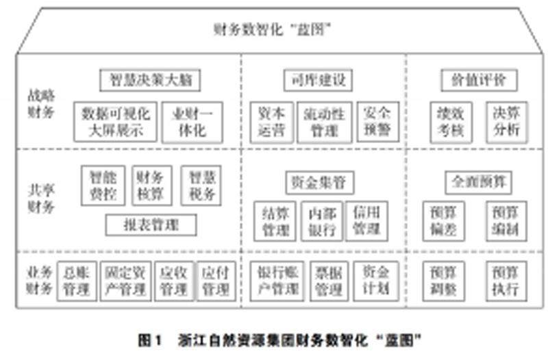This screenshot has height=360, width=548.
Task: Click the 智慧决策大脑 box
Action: (x=150, y=80)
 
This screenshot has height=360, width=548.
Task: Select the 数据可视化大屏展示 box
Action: (x=116, y=122)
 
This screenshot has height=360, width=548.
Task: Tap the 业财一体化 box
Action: (x=187, y=122)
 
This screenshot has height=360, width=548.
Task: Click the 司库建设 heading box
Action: (x=317, y=80)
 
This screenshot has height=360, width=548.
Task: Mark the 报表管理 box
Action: (x=151, y=224)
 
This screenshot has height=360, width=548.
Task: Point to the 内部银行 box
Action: (x=322, y=221)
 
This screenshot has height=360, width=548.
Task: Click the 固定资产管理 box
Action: (x=125, y=281)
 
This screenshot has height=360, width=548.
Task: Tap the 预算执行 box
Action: (x=506, y=281)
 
